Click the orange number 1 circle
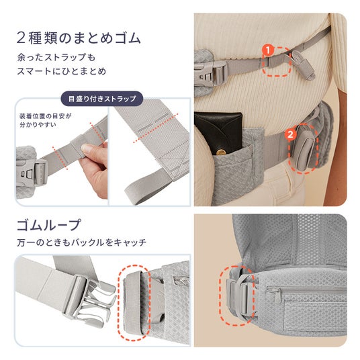click(268, 50)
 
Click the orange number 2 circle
click(290, 134)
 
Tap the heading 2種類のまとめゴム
click(79, 38)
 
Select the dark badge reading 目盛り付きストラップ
click(102, 99)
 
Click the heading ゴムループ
click(49, 224)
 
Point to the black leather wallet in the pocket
click(219, 133)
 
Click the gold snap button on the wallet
click(222, 152)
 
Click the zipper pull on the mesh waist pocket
click(277, 296)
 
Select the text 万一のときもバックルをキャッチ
click(82, 242)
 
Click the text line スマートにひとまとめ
click(62, 71)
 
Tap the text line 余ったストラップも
click(56, 57)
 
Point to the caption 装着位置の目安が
click(46, 116)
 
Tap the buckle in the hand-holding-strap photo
click(34, 171)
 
